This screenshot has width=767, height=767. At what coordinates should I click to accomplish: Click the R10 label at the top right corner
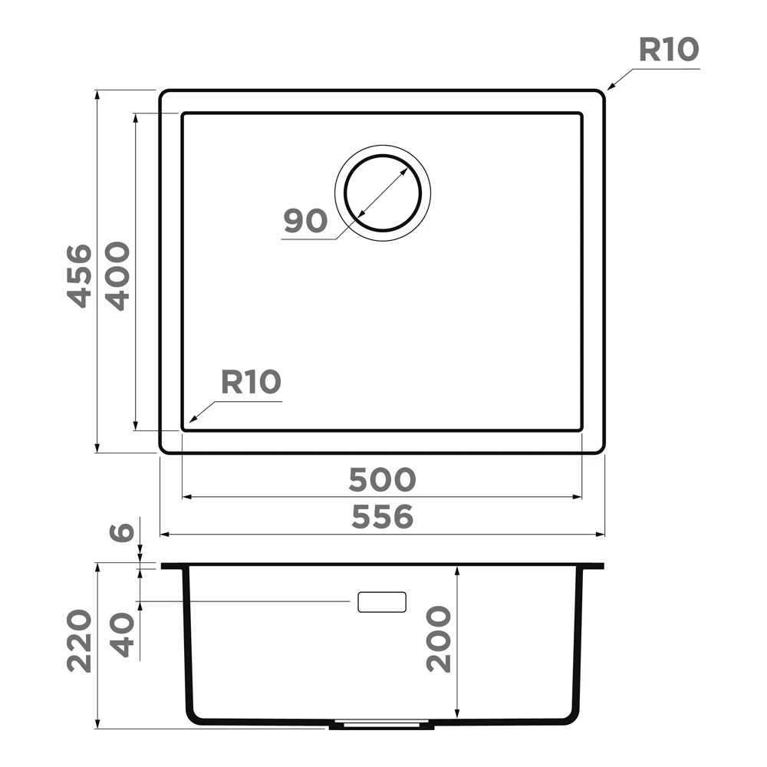(x=669, y=50)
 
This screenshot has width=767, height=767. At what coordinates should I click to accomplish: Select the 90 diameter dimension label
(x=306, y=221)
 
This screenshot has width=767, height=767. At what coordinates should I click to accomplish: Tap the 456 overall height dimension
(x=79, y=276)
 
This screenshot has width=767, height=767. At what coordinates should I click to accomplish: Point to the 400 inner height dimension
(x=118, y=276)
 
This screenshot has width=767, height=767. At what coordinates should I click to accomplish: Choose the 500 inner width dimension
(x=382, y=480)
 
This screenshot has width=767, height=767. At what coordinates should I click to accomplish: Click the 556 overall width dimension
(x=383, y=517)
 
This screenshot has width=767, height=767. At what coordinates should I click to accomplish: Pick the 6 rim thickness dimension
(x=121, y=532)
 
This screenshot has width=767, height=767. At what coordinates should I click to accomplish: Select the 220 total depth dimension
(x=79, y=640)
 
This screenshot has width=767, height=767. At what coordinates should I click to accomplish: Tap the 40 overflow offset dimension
(x=121, y=635)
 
